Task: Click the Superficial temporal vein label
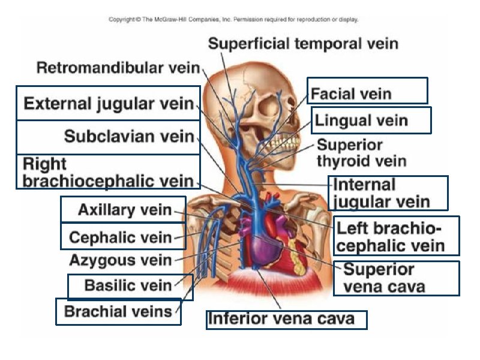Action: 303,43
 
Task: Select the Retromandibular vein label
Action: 118,68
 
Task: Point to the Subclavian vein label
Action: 129,136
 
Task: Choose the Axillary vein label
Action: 125,210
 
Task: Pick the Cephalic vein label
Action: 121,237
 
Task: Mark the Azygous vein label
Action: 121,260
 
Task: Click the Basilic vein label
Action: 128,286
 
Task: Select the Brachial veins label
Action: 118,311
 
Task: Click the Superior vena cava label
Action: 385,278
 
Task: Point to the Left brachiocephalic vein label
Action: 391,236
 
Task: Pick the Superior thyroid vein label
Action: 361,153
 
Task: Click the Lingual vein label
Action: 361,121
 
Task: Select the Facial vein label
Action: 352,94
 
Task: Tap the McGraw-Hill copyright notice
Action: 233,19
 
